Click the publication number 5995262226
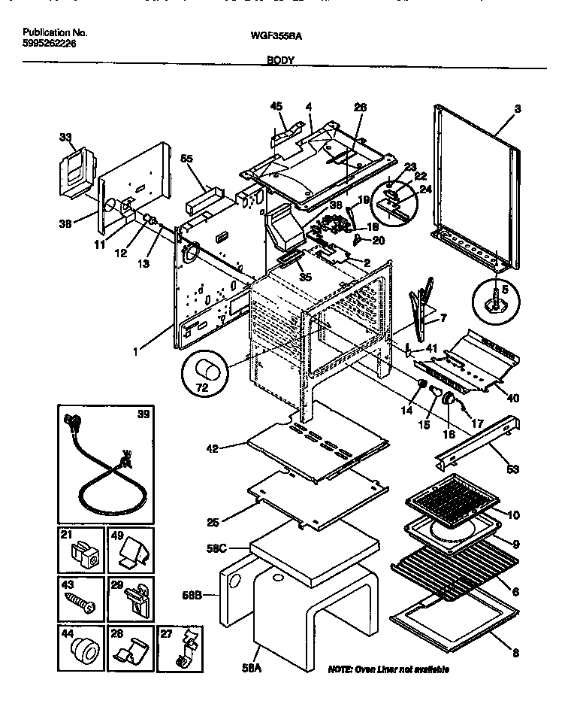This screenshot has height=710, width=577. coord(49,44)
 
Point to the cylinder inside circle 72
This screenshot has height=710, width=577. coord(207,372)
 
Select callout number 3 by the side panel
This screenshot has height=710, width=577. coord(517,109)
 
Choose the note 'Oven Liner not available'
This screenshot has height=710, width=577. coord(388,669)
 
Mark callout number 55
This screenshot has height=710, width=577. coord(186,159)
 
